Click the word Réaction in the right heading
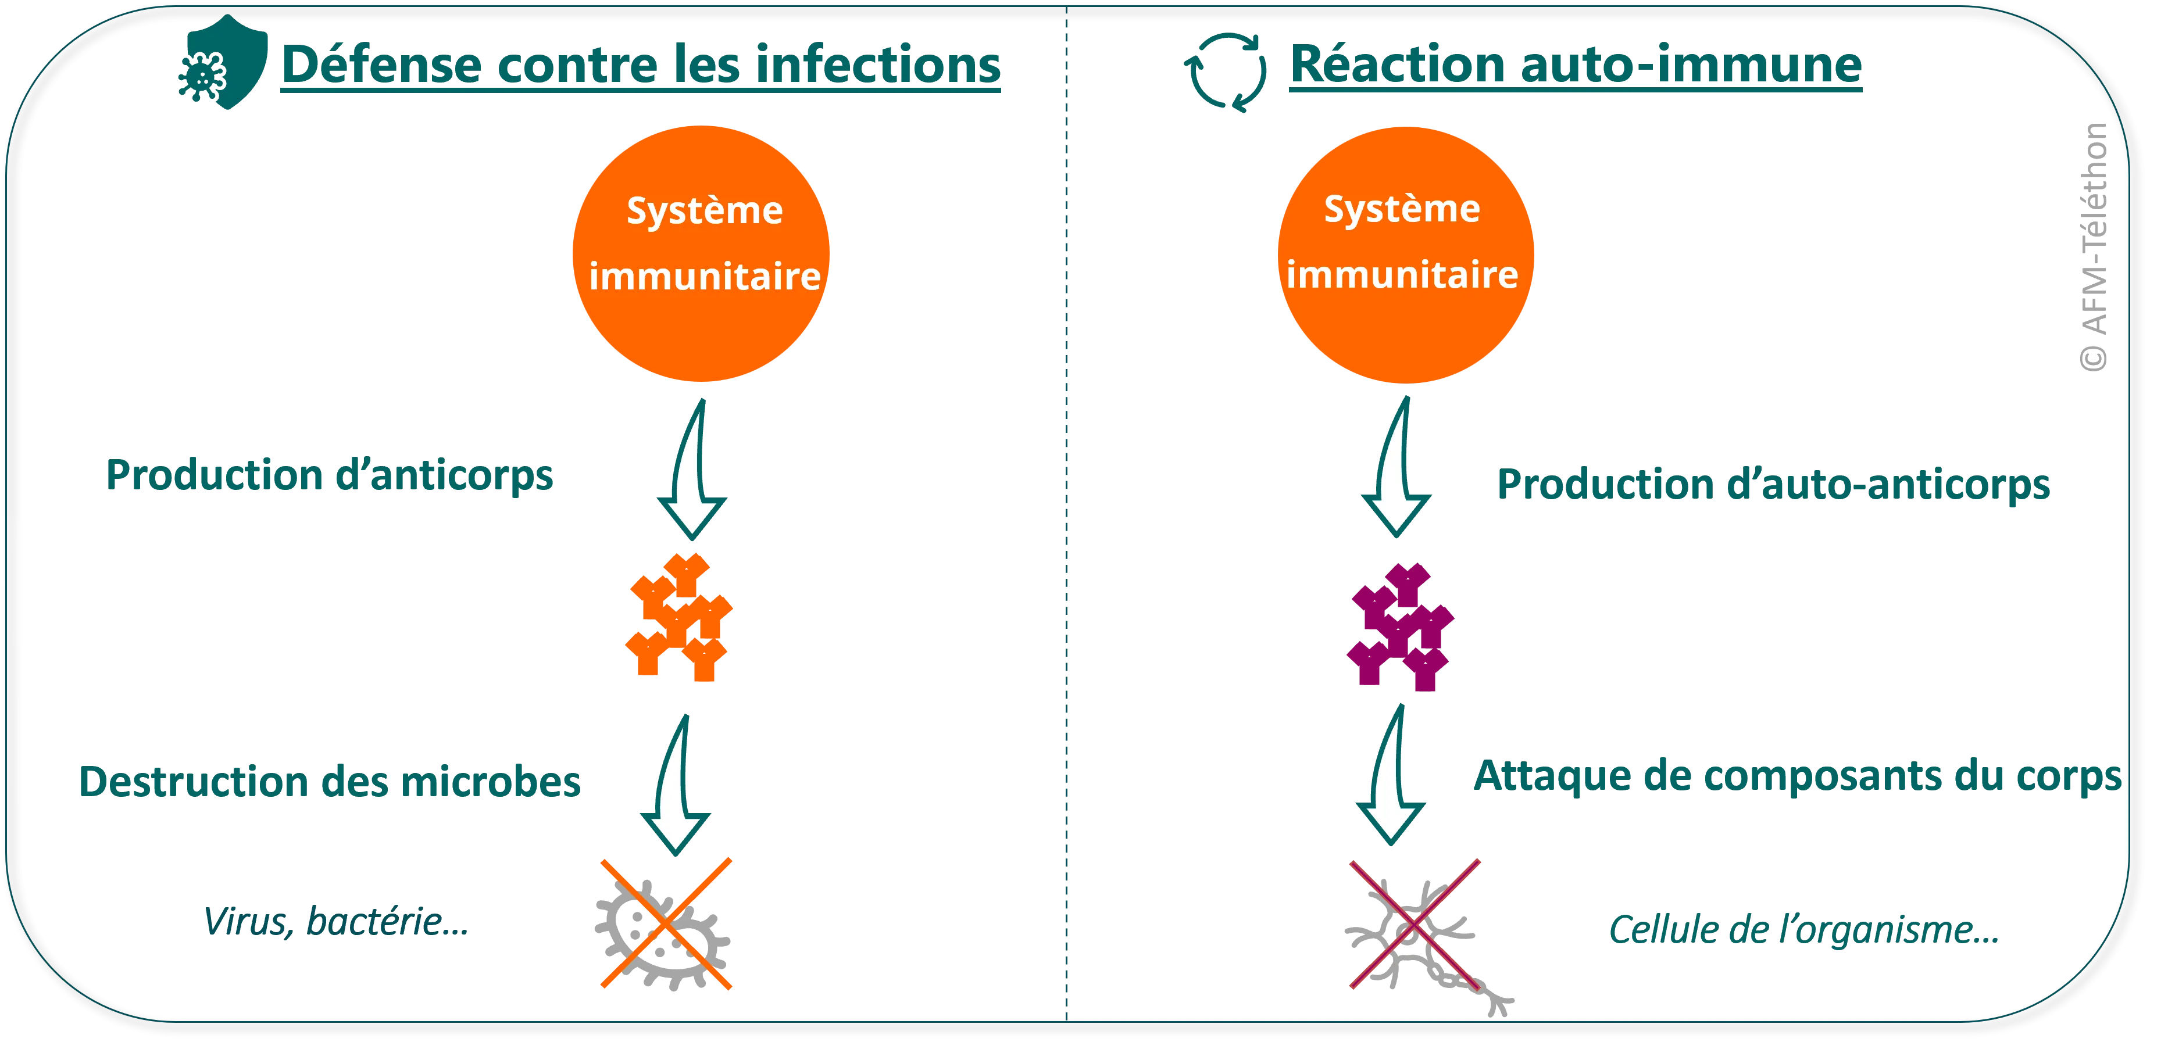1397,66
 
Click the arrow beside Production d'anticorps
692,471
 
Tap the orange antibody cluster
678,617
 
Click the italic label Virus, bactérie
335,922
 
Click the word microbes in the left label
488,782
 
